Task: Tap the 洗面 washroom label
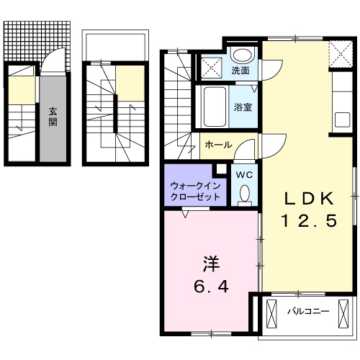[240, 71]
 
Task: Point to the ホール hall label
[218, 145]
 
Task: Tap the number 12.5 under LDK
[308, 222]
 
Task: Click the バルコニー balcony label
[307, 312]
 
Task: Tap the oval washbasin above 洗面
[242, 55]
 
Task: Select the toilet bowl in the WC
[243, 193]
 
